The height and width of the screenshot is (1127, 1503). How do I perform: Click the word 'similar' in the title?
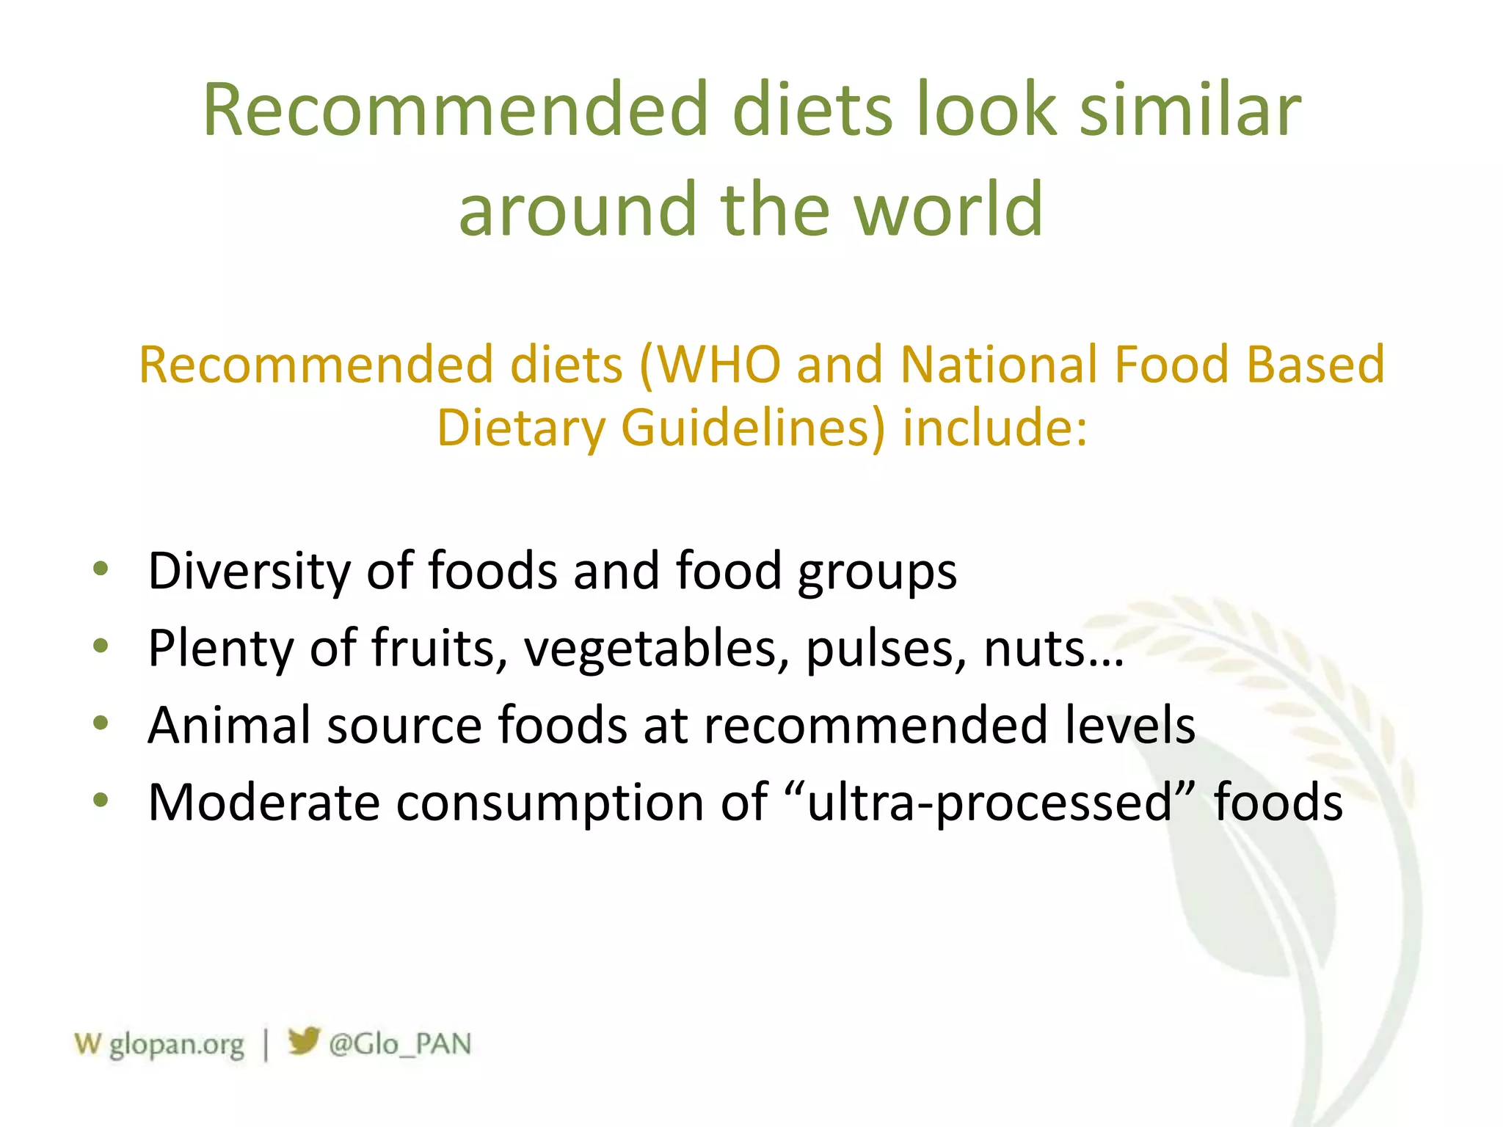pos(1190,110)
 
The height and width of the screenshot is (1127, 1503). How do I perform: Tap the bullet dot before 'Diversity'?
pos(101,568)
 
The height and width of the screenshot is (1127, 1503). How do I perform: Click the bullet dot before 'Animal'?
pos(101,723)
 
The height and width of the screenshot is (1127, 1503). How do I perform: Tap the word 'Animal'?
pos(230,725)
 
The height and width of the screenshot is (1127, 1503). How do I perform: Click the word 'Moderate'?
pos(263,802)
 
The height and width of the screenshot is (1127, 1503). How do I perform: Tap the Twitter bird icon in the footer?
pos(303,1041)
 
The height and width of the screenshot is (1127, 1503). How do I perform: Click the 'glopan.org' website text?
pos(176,1044)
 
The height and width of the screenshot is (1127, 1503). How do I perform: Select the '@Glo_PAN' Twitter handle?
pos(400,1044)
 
